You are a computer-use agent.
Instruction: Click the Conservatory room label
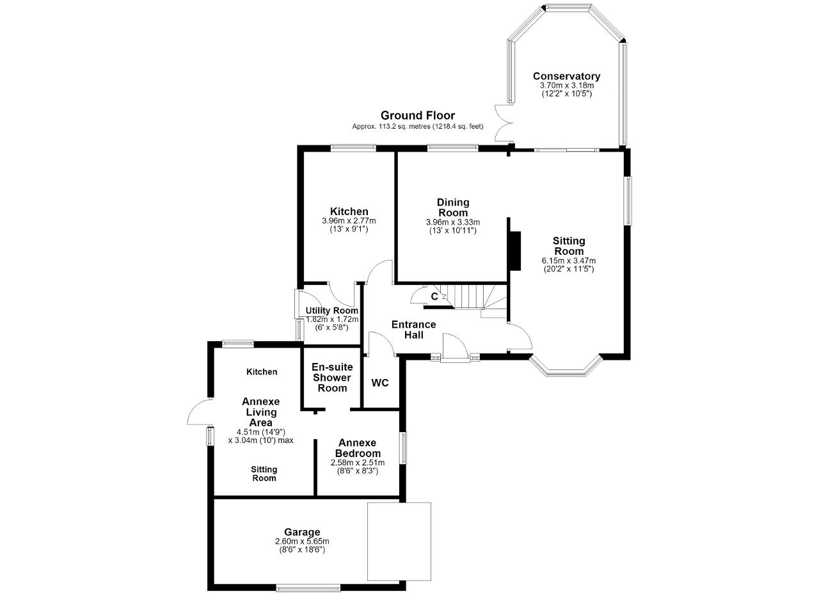(x=566, y=76)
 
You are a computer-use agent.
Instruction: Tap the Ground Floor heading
(x=418, y=116)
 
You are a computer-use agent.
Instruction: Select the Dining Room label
(x=453, y=207)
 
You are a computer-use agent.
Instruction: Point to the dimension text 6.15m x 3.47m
(x=569, y=261)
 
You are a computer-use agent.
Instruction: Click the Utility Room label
(x=332, y=310)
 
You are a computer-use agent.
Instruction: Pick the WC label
(x=380, y=383)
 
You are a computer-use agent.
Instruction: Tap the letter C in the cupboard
(x=434, y=296)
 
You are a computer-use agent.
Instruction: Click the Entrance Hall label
(x=414, y=330)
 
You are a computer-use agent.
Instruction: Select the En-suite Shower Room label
(x=332, y=378)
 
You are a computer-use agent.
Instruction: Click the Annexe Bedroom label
(x=358, y=448)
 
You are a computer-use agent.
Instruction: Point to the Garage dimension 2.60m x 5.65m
(x=302, y=541)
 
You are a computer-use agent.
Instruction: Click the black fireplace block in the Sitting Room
(x=515, y=250)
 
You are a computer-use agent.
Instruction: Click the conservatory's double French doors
(x=504, y=123)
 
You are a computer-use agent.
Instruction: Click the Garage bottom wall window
(x=308, y=588)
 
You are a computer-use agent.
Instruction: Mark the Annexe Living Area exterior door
(x=200, y=412)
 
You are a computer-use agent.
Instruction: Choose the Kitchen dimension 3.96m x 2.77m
(x=349, y=221)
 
